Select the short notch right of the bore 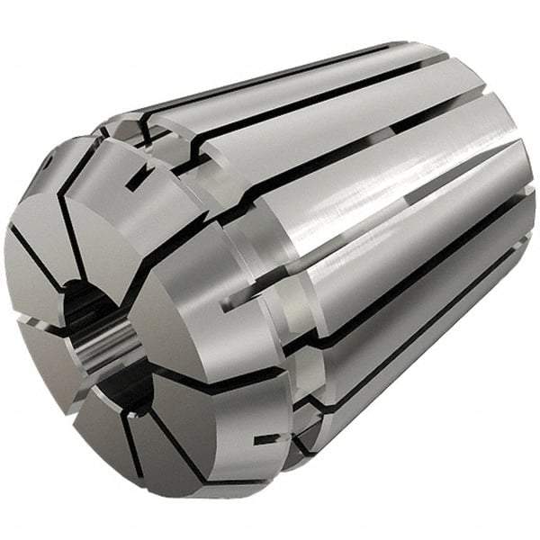click(236, 304)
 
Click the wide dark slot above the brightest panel click(360, 153)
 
